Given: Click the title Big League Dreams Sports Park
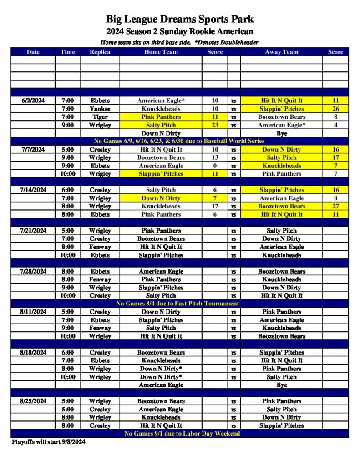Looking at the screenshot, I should click(180, 19).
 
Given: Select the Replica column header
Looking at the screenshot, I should click(100, 52).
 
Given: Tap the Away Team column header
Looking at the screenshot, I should click(281, 52).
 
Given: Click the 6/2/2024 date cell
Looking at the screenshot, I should click(33, 101).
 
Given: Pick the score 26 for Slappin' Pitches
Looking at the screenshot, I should click(335, 109).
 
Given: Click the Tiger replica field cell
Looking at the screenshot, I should click(100, 117).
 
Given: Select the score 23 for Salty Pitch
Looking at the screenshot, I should click(215, 125).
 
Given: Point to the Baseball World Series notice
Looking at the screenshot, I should click(180, 141).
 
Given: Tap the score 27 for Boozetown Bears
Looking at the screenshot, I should click(335, 206).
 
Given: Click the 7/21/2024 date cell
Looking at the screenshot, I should click(33, 231).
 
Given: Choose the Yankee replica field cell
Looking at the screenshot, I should click(100, 109).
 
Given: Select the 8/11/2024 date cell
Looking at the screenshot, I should click(33, 312).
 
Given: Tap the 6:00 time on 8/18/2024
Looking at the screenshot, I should click(67, 352).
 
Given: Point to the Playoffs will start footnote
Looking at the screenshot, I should click(48, 442).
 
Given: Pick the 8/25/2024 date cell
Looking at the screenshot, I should click(33, 401).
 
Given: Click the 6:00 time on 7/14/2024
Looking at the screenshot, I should click(67, 190).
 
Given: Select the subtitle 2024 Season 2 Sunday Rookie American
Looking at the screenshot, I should click(180, 31).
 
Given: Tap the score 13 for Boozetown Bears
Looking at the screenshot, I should click(215, 157).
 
